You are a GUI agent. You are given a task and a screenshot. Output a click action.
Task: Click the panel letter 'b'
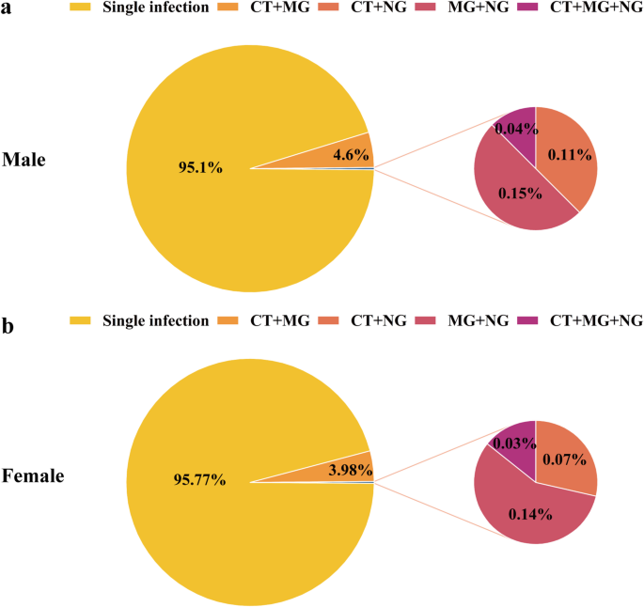tap(8, 329)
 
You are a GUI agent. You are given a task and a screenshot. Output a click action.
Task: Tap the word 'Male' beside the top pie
tap(24, 161)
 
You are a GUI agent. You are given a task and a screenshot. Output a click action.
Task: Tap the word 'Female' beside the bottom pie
tap(33, 476)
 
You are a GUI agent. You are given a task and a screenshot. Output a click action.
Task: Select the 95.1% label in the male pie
tap(200, 168)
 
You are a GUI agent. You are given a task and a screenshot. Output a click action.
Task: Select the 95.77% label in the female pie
tap(200, 480)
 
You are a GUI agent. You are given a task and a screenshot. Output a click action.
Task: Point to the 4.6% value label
tap(351, 155)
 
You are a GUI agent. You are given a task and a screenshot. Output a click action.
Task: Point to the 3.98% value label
tap(348, 468)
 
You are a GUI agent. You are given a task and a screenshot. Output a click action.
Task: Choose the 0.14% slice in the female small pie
tap(531, 513)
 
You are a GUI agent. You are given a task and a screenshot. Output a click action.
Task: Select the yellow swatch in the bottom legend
tap(80, 320)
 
